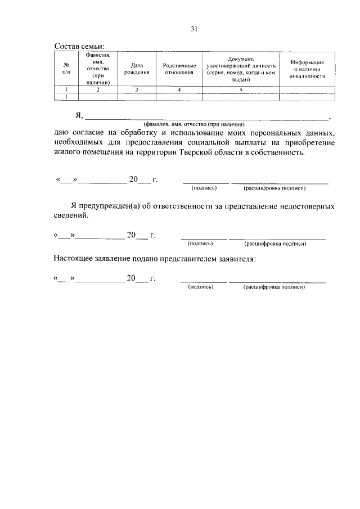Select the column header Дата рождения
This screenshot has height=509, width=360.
[136, 69]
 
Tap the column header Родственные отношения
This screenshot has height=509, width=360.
[179, 69]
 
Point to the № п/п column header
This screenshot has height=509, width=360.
[66, 69]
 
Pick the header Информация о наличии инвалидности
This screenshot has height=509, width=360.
[307, 69]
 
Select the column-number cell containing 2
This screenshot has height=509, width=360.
[98, 89]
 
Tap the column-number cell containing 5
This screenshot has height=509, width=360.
[241, 89]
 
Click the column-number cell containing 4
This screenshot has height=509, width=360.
[179, 89]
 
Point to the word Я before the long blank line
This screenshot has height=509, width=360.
[78, 116]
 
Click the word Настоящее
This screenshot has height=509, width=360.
[74, 259]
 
